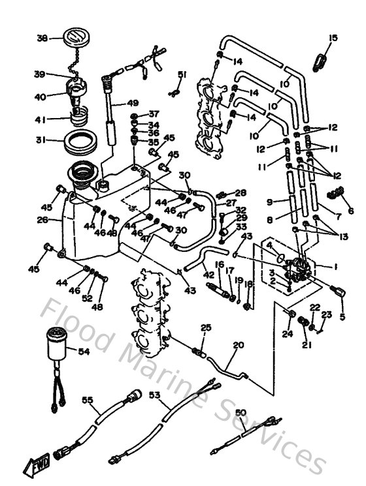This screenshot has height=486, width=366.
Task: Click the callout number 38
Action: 42,38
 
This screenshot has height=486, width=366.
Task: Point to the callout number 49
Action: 133,103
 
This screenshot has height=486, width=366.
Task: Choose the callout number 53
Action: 154,395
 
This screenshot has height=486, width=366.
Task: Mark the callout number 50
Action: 241,413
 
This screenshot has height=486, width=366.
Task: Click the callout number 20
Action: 238,345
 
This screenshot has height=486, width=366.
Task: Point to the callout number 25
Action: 205,327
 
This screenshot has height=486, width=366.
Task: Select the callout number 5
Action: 342,318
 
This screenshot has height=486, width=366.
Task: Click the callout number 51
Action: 182,74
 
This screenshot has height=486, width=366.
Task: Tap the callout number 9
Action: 269,202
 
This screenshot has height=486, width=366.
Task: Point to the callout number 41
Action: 41,119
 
